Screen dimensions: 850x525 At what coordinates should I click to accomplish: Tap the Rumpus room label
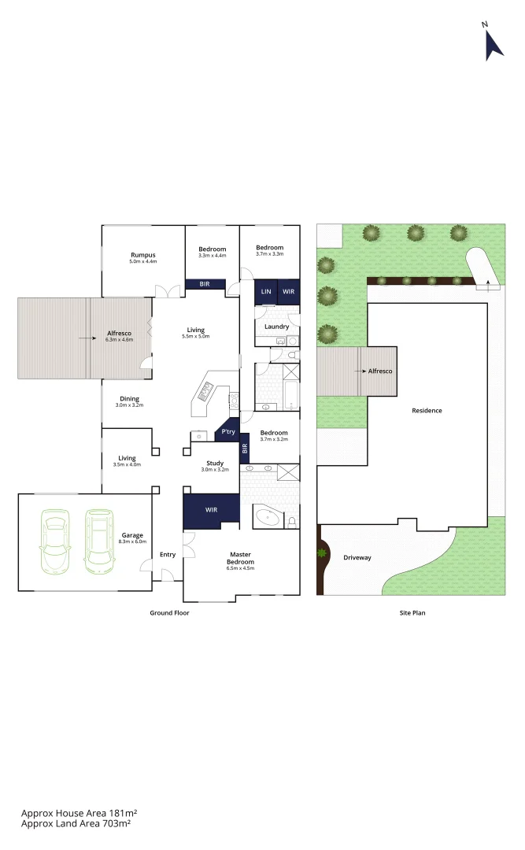point(143,255)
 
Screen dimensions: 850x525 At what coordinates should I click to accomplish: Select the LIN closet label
point(266,292)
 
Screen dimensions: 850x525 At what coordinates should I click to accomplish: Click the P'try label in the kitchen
point(228,432)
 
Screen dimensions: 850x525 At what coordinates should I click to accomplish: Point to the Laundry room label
point(276,327)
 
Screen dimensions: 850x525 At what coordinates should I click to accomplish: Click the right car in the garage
point(98,541)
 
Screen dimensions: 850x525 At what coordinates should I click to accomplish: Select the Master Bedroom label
point(241,558)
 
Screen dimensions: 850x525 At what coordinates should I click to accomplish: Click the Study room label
point(215,464)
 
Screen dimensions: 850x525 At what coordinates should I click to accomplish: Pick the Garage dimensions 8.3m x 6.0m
point(132,542)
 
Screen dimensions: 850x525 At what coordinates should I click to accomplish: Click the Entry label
point(168,555)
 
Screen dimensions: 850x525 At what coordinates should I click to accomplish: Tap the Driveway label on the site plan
point(358,558)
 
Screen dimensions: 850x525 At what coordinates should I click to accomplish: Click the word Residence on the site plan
point(427,411)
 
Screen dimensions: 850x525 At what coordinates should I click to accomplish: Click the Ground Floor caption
point(169,612)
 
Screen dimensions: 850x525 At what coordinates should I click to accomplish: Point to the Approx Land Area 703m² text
point(76,823)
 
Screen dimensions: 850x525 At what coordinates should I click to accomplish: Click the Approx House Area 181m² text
point(79,812)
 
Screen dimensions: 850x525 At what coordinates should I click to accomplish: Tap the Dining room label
point(130,398)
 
